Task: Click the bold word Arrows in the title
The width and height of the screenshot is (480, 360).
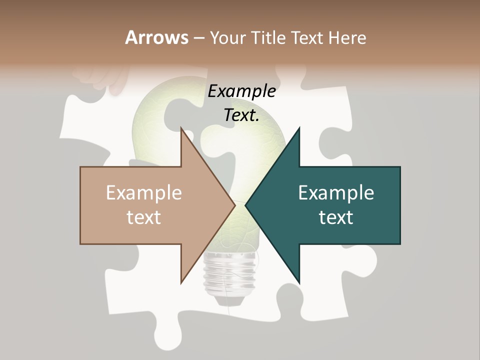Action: [156, 37]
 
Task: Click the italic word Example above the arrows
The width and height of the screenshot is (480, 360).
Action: [241, 91]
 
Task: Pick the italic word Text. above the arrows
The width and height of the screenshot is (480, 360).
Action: [241, 115]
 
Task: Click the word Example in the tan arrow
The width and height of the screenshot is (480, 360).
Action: [144, 193]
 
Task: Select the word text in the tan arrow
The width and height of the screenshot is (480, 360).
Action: [144, 217]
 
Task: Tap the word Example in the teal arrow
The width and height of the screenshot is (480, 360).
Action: [336, 193]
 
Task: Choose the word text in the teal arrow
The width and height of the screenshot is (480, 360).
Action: [336, 217]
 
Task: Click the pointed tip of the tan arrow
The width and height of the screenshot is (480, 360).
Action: [235, 205]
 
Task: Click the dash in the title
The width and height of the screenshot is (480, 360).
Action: [198, 38]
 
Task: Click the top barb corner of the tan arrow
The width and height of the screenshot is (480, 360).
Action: [181, 128]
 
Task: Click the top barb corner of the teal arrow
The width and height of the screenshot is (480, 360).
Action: [299, 128]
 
